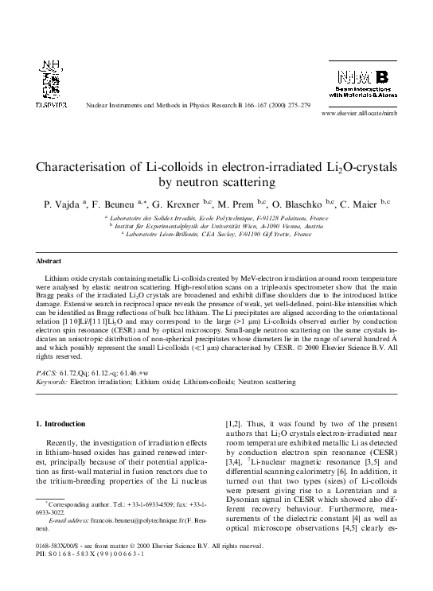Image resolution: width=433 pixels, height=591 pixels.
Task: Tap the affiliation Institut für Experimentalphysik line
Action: click(215, 226)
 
